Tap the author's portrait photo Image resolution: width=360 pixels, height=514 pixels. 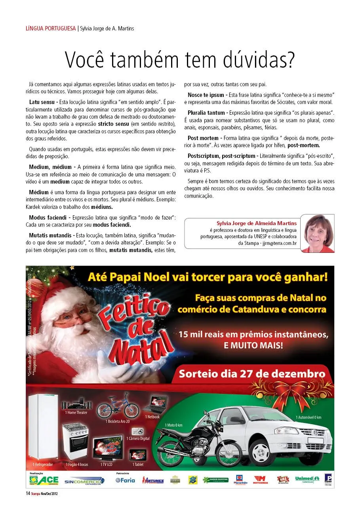[317, 233]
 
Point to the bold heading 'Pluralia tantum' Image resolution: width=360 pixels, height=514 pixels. [206, 113]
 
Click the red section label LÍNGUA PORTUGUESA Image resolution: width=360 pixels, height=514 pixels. [50, 28]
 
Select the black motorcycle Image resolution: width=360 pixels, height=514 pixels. [198, 445]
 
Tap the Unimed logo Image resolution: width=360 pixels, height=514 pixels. [307, 480]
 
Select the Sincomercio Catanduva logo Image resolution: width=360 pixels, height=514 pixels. [84, 480]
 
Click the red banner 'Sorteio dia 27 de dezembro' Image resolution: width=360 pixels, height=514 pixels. [252, 374]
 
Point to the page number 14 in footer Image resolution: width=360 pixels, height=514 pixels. [28, 493]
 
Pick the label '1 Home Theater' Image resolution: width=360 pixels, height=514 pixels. [76, 412]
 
